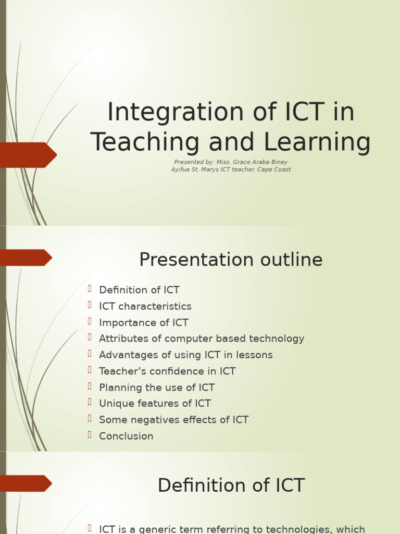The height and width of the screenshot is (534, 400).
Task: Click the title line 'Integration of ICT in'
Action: coord(231,113)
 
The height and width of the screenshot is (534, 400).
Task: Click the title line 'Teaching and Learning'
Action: coord(231,142)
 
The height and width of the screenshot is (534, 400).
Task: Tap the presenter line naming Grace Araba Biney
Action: coord(231,162)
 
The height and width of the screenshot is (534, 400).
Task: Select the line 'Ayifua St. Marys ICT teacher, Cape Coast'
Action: coord(231,169)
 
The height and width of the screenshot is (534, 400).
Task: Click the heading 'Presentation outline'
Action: coord(231,260)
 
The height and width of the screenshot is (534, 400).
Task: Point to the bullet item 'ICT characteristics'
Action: coord(145,306)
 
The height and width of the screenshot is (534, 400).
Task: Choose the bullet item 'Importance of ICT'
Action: coord(143,322)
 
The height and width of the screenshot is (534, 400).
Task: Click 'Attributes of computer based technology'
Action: coord(202,338)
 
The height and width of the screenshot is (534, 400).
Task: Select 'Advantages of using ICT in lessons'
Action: coord(185,355)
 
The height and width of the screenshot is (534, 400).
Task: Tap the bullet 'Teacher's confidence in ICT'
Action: coord(167,371)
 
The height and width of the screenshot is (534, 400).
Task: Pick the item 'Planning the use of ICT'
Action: coord(156,387)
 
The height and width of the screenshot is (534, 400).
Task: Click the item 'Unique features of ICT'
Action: coord(155,403)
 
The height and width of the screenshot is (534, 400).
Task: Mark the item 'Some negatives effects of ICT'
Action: coord(173,420)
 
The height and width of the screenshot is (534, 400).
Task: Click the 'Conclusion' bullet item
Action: coord(126,436)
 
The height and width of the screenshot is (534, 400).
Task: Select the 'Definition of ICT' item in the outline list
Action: coord(139,290)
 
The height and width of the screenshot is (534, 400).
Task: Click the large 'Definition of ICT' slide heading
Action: coord(231,486)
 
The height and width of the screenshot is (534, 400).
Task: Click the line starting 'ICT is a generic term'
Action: coord(232,529)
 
